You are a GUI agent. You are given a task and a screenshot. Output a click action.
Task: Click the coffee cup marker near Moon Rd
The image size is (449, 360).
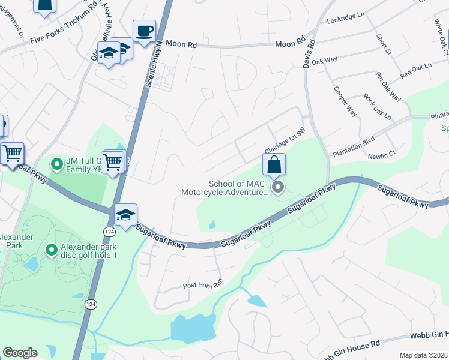(144, 32)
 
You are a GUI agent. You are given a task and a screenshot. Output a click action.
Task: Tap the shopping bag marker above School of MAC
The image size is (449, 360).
(274, 164)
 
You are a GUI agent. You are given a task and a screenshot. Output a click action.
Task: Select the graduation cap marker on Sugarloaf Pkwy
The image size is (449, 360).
(125, 215)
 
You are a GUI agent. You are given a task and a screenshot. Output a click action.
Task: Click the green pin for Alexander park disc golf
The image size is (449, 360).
(51, 249)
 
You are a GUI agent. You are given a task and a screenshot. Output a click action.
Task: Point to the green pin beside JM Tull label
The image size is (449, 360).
(57, 163)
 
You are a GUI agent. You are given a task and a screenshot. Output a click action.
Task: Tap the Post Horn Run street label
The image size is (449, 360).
(202, 286)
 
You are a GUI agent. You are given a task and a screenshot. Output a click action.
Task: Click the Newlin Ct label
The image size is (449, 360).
(383, 154)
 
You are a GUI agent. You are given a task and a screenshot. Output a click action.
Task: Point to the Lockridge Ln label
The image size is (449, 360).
(346, 20)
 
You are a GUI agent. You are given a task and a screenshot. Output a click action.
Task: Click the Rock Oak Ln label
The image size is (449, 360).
(377, 106)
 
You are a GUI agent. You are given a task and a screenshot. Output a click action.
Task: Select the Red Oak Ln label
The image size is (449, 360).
(416, 71)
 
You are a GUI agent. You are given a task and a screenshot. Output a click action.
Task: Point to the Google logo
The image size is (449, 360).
(20, 353)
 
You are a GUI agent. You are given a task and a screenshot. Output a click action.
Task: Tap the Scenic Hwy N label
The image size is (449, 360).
(155, 62)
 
